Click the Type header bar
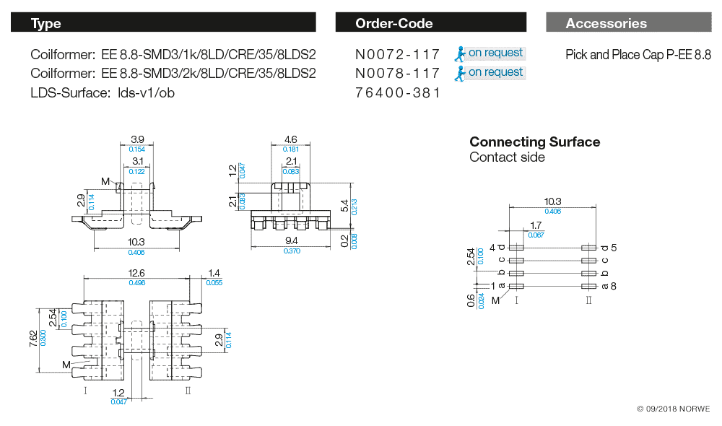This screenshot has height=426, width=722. pyautogui.click(x=162, y=23)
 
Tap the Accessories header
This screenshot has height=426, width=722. pyautogui.click(x=628, y=23)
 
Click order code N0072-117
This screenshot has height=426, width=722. pyautogui.click(x=398, y=54)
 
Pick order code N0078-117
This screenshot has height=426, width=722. pyautogui.click(x=398, y=73)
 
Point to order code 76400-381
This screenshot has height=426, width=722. pyautogui.click(x=398, y=92)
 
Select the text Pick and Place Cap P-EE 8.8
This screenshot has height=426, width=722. pyautogui.click(x=638, y=54)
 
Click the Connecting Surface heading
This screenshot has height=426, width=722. pyautogui.click(x=534, y=142)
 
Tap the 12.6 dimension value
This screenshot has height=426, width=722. pyautogui.click(x=136, y=273)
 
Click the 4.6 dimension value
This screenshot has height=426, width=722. pyautogui.click(x=290, y=139)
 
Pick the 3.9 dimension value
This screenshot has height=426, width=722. pyautogui.click(x=137, y=139)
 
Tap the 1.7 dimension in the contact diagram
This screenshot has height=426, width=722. pyautogui.click(x=536, y=226)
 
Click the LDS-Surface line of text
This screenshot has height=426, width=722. pyautogui.click(x=103, y=92)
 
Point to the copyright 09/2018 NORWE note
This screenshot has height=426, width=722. pyautogui.click(x=673, y=409)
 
